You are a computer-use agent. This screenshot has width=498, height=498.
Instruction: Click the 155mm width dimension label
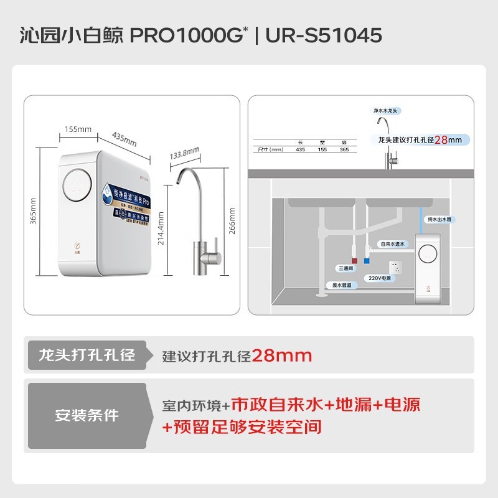(x=78, y=129)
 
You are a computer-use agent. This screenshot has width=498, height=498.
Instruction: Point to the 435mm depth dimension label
(x=124, y=139)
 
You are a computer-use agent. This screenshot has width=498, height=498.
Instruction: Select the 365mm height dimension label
(x=34, y=212)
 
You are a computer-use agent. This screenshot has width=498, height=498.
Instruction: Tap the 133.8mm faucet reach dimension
(x=184, y=153)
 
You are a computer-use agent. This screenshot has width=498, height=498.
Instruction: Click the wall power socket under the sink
(x=395, y=266)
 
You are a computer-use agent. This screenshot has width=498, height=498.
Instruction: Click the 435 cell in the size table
(x=300, y=149)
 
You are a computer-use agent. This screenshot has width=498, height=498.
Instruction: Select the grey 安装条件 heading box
(x=87, y=415)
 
